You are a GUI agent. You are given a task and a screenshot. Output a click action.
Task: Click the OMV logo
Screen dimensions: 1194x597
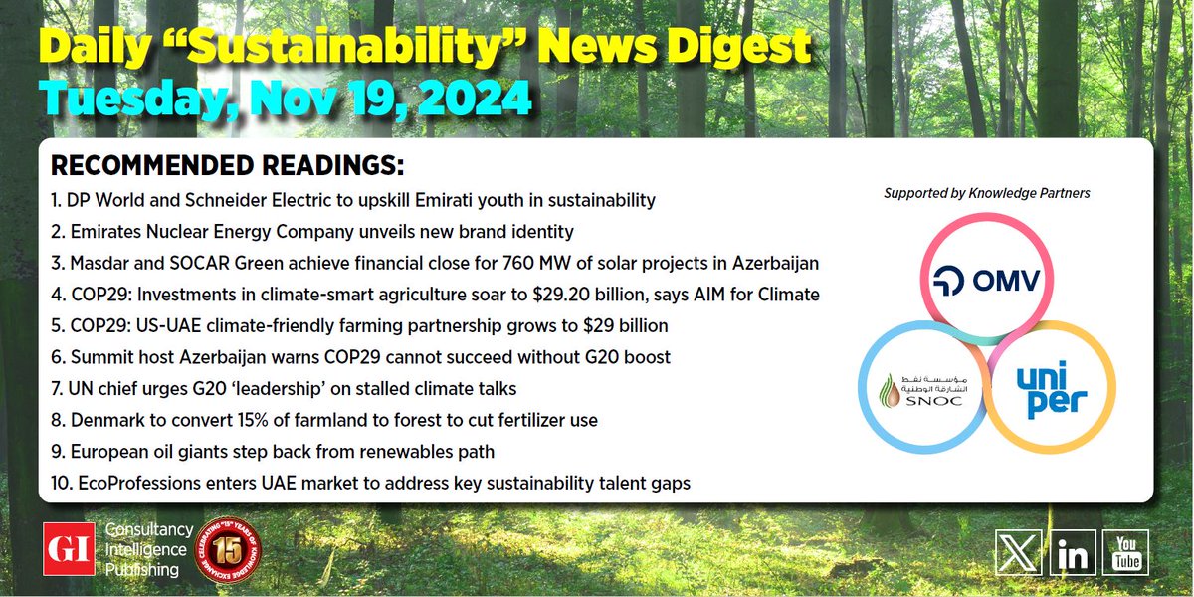pos(986,281)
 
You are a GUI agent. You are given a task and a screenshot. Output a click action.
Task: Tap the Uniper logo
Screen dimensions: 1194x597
pos(1051,390)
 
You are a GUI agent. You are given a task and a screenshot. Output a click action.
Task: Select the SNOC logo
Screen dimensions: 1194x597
pos(923,391)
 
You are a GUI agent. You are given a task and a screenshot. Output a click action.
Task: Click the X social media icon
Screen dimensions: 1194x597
pos(1018,553)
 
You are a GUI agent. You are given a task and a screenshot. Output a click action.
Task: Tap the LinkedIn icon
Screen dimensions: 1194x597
pos(1073,553)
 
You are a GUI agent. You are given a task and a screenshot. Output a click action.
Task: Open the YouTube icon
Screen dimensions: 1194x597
pos(1125,553)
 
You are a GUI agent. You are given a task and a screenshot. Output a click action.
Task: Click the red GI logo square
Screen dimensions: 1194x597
pos(69,549)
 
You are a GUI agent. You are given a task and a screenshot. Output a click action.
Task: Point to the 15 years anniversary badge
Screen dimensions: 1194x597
pos(228,549)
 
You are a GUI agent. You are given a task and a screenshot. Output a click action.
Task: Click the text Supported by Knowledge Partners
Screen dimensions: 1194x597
pos(987,193)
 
